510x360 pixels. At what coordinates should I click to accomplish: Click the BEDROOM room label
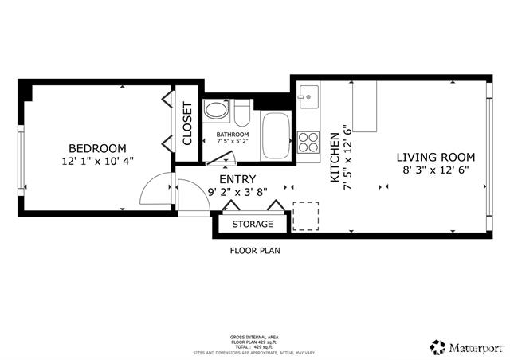tap(97, 148)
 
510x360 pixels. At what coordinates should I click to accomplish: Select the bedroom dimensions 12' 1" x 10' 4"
tap(97, 160)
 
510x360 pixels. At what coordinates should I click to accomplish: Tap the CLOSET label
tap(188, 123)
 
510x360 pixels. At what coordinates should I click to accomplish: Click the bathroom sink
tap(216, 111)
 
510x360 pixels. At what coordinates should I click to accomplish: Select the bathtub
tap(277, 135)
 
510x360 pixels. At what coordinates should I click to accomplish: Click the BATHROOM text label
tap(233, 135)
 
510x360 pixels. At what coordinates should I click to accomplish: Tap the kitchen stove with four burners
tap(308, 142)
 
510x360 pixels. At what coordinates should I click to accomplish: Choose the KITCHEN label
tap(335, 158)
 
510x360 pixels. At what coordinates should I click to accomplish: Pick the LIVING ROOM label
tap(436, 157)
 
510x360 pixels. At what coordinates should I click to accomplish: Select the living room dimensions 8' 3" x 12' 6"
tap(436, 169)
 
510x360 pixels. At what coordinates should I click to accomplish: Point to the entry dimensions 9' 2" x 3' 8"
tap(237, 192)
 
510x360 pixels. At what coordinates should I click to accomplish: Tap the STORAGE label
tap(253, 225)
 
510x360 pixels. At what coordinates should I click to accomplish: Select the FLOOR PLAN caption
tap(255, 250)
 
